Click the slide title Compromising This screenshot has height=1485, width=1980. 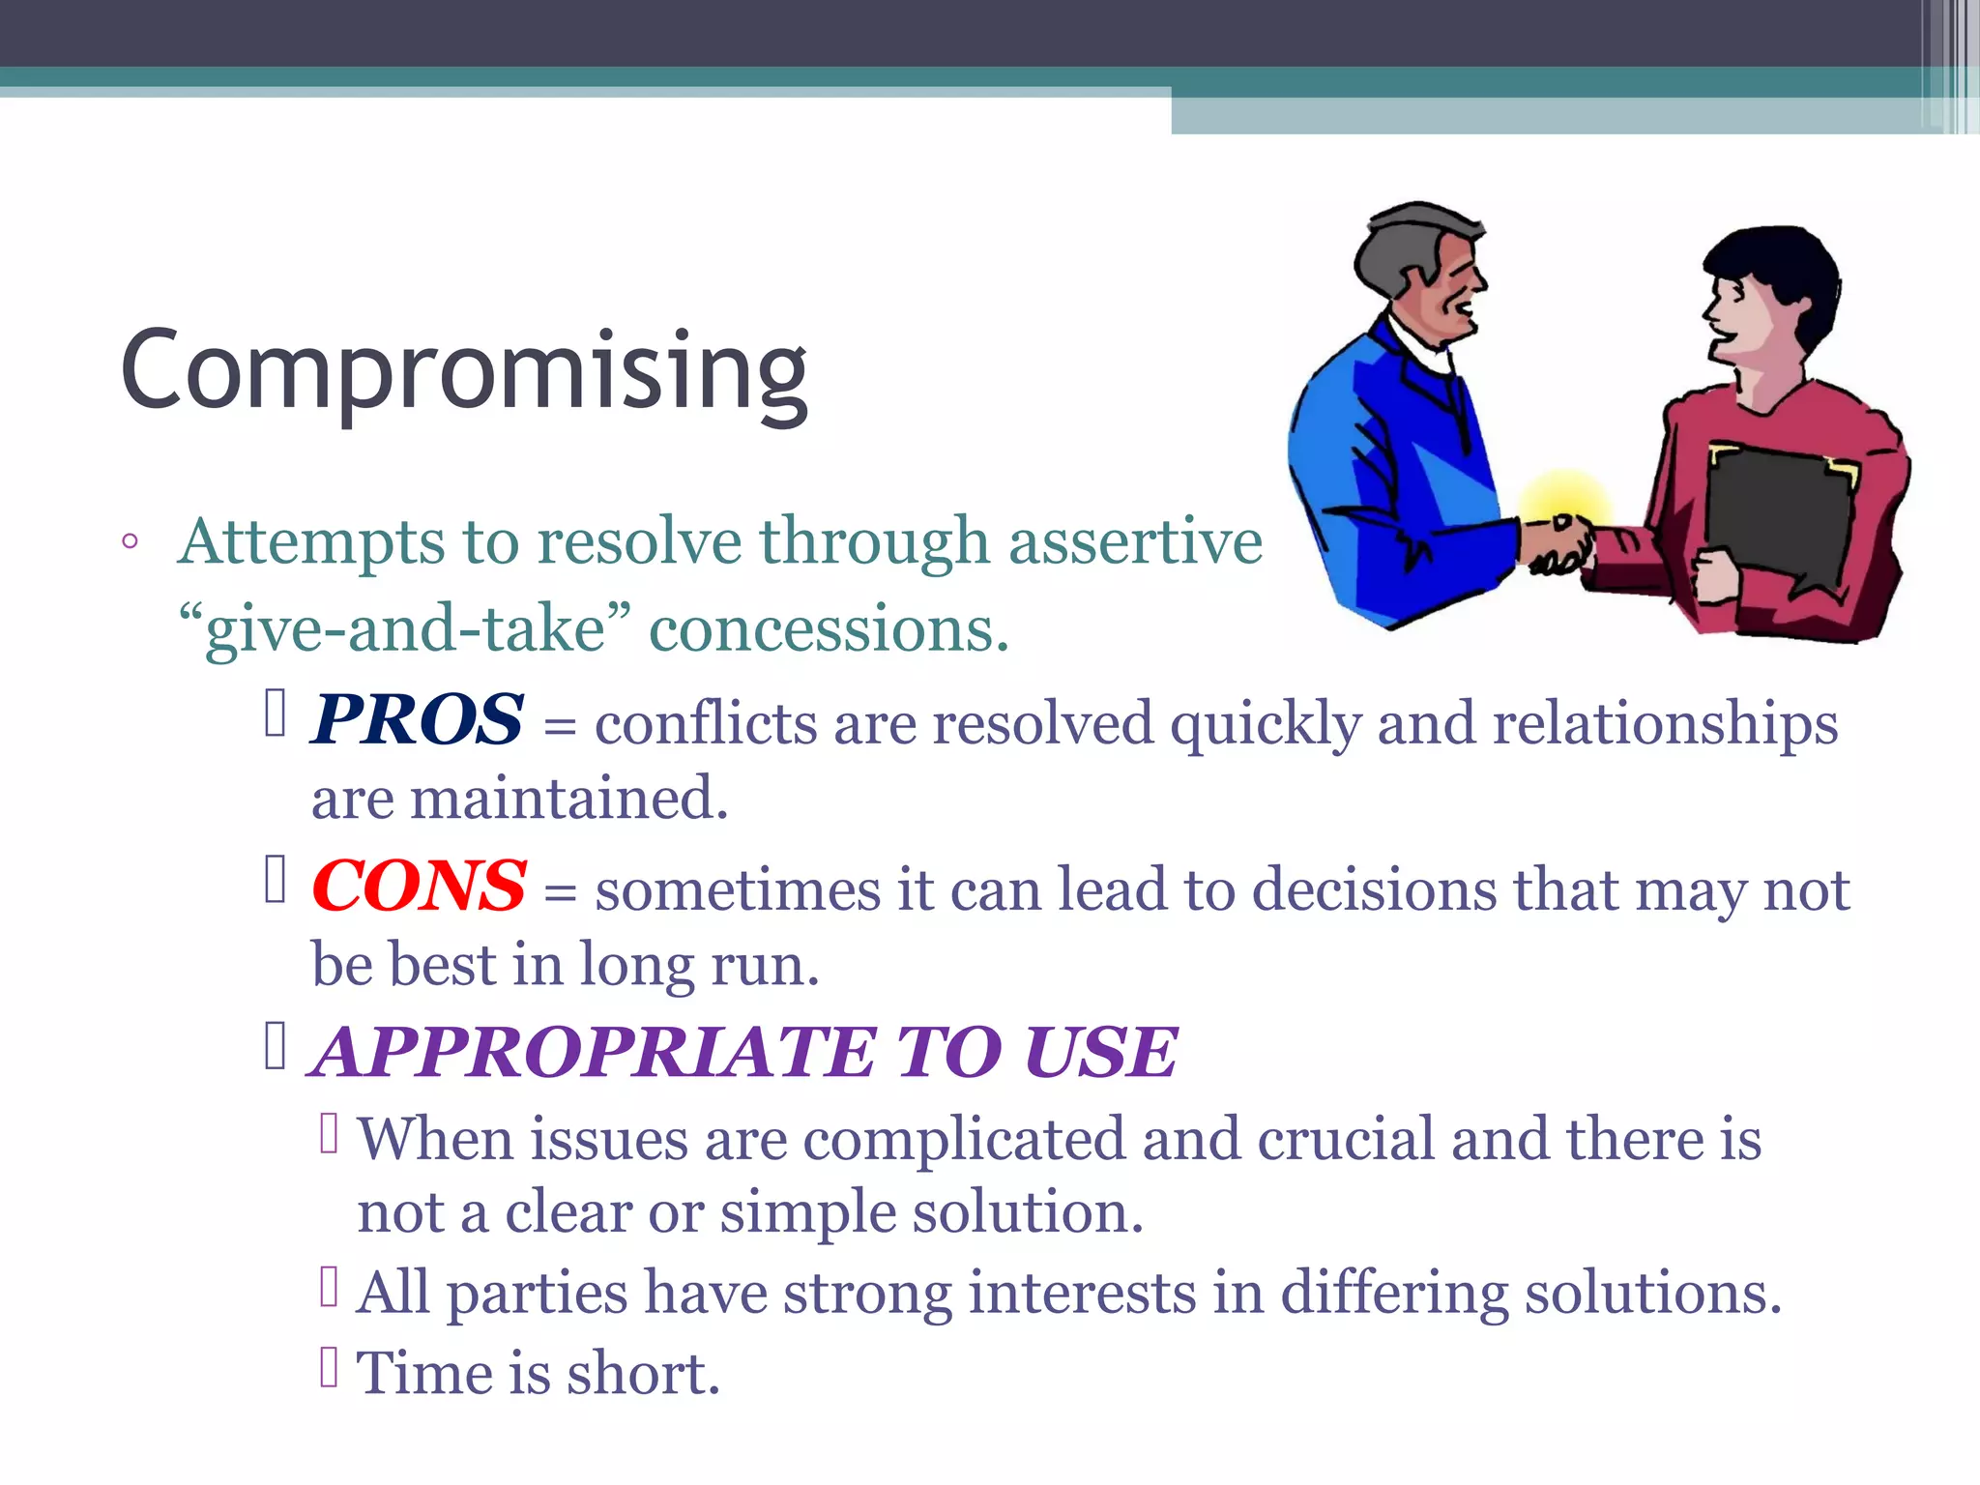pyautogui.click(x=464, y=372)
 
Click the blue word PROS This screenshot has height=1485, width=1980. pyautogui.click(x=417, y=720)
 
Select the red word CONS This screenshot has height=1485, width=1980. pyautogui.click(x=419, y=887)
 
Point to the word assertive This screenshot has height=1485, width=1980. pyautogui.click(x=1135, y=541)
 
